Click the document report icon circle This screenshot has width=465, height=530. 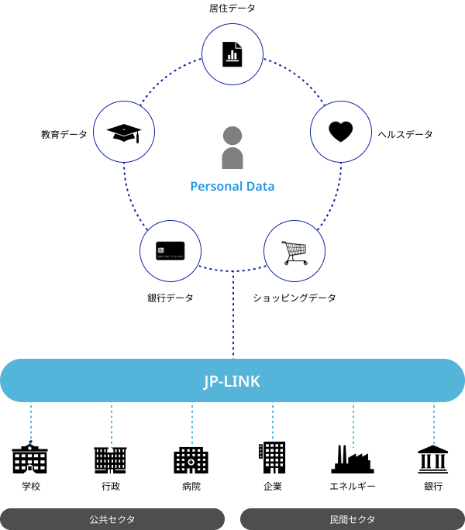click(x=232, y=53)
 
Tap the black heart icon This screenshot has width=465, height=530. click(x=341, y=132)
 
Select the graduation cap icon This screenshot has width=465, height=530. click(x=124, y=132)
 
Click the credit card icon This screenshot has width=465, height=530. click(x=170, y=250)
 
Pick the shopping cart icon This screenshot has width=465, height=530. click(x=294, y=251)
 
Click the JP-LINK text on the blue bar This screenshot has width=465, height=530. click(x=232, y=381)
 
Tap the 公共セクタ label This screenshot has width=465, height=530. click(x=112, y=519)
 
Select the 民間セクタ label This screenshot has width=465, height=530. click(x=353, y=519)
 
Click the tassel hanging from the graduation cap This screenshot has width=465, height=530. click(x=137, y=138)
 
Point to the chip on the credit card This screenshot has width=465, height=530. click(x=160, y=249)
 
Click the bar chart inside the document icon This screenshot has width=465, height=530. click(x=232, y=56)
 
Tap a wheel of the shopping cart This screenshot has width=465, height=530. click(x=304, y=263)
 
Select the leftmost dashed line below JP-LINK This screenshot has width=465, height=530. click(x=31, y=424)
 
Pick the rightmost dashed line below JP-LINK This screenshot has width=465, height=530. click(x=434, y=424)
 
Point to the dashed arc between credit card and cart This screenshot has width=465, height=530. click(x=232, y=271)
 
